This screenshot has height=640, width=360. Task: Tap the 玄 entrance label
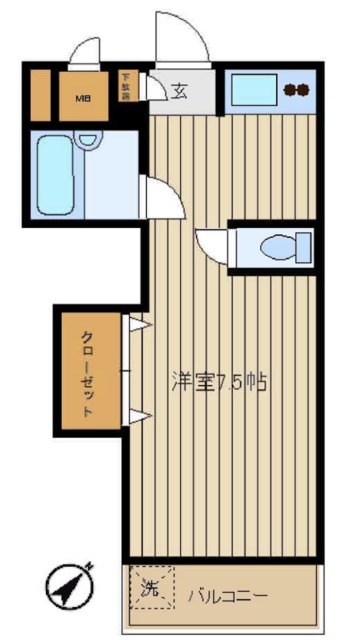click(180, 92)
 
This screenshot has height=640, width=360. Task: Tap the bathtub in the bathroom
click(55, 176)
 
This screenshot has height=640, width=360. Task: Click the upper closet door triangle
click(138, 327)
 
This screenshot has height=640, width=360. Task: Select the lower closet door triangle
click(138, 414)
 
